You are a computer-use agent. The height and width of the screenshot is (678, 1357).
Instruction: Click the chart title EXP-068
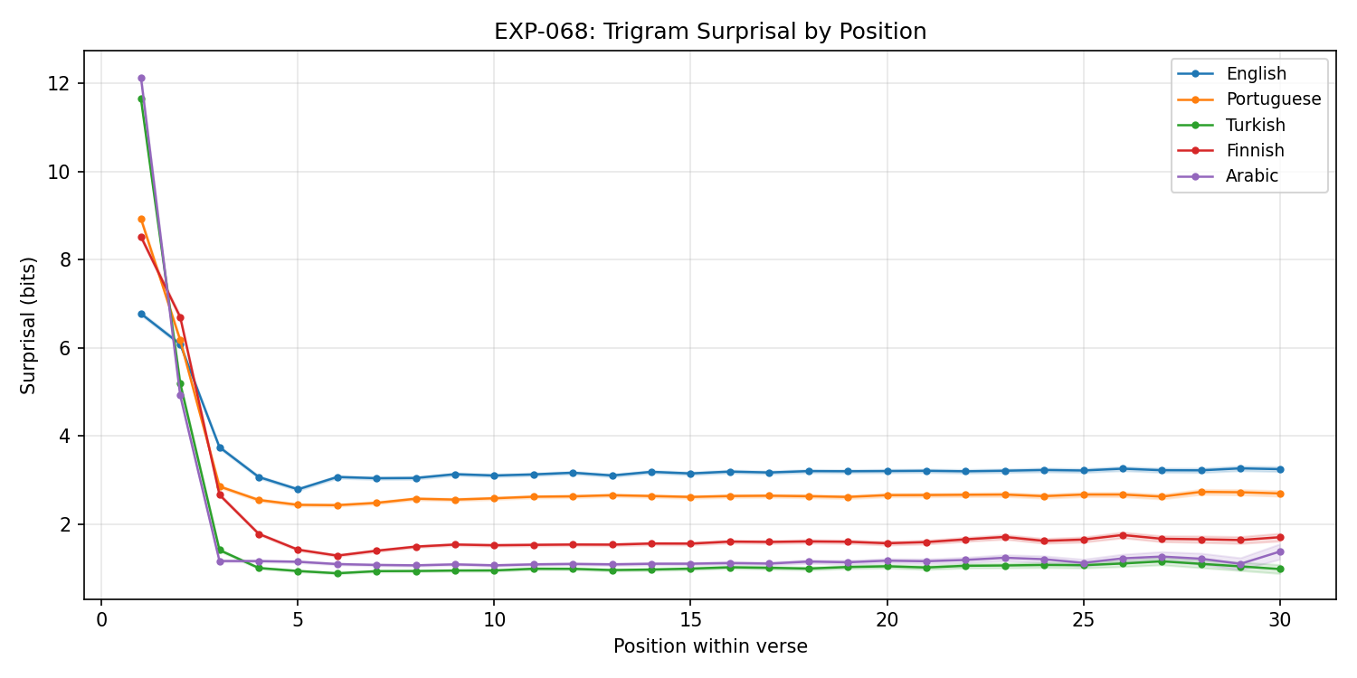(x=710, y=32)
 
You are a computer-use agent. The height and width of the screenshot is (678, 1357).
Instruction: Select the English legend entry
(x=1256, y=74)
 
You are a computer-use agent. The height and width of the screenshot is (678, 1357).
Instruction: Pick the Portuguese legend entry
(x=1273, y=99)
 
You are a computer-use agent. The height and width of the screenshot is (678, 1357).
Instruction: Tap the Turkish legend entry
(x=1255, y=125)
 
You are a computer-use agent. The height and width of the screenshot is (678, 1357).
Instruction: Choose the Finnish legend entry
(x=1255, y=150)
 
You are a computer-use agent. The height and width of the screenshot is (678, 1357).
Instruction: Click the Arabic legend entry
(x=1252, y=176)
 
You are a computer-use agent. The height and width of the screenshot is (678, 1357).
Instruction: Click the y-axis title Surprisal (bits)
(x=29, y=325)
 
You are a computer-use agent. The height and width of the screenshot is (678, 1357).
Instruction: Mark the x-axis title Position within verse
(x=710, y=646)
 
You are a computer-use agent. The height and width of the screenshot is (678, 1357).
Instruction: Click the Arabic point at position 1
(x=141, y=78)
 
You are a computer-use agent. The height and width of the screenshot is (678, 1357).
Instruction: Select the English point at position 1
(x=141, y=314)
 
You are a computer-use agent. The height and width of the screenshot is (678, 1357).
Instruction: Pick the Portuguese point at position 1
(x=141, y=219)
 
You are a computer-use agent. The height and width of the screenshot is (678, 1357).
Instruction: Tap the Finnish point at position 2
(x=180, y=317)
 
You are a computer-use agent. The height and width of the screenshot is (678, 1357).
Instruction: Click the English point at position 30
(x=1279, y=469)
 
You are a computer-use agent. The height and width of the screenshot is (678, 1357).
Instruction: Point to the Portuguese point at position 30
(x=1279, y=494)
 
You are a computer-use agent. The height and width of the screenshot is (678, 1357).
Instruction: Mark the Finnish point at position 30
(x=1279, y=537)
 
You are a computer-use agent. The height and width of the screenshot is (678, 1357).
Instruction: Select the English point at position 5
(x=298, y=489)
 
